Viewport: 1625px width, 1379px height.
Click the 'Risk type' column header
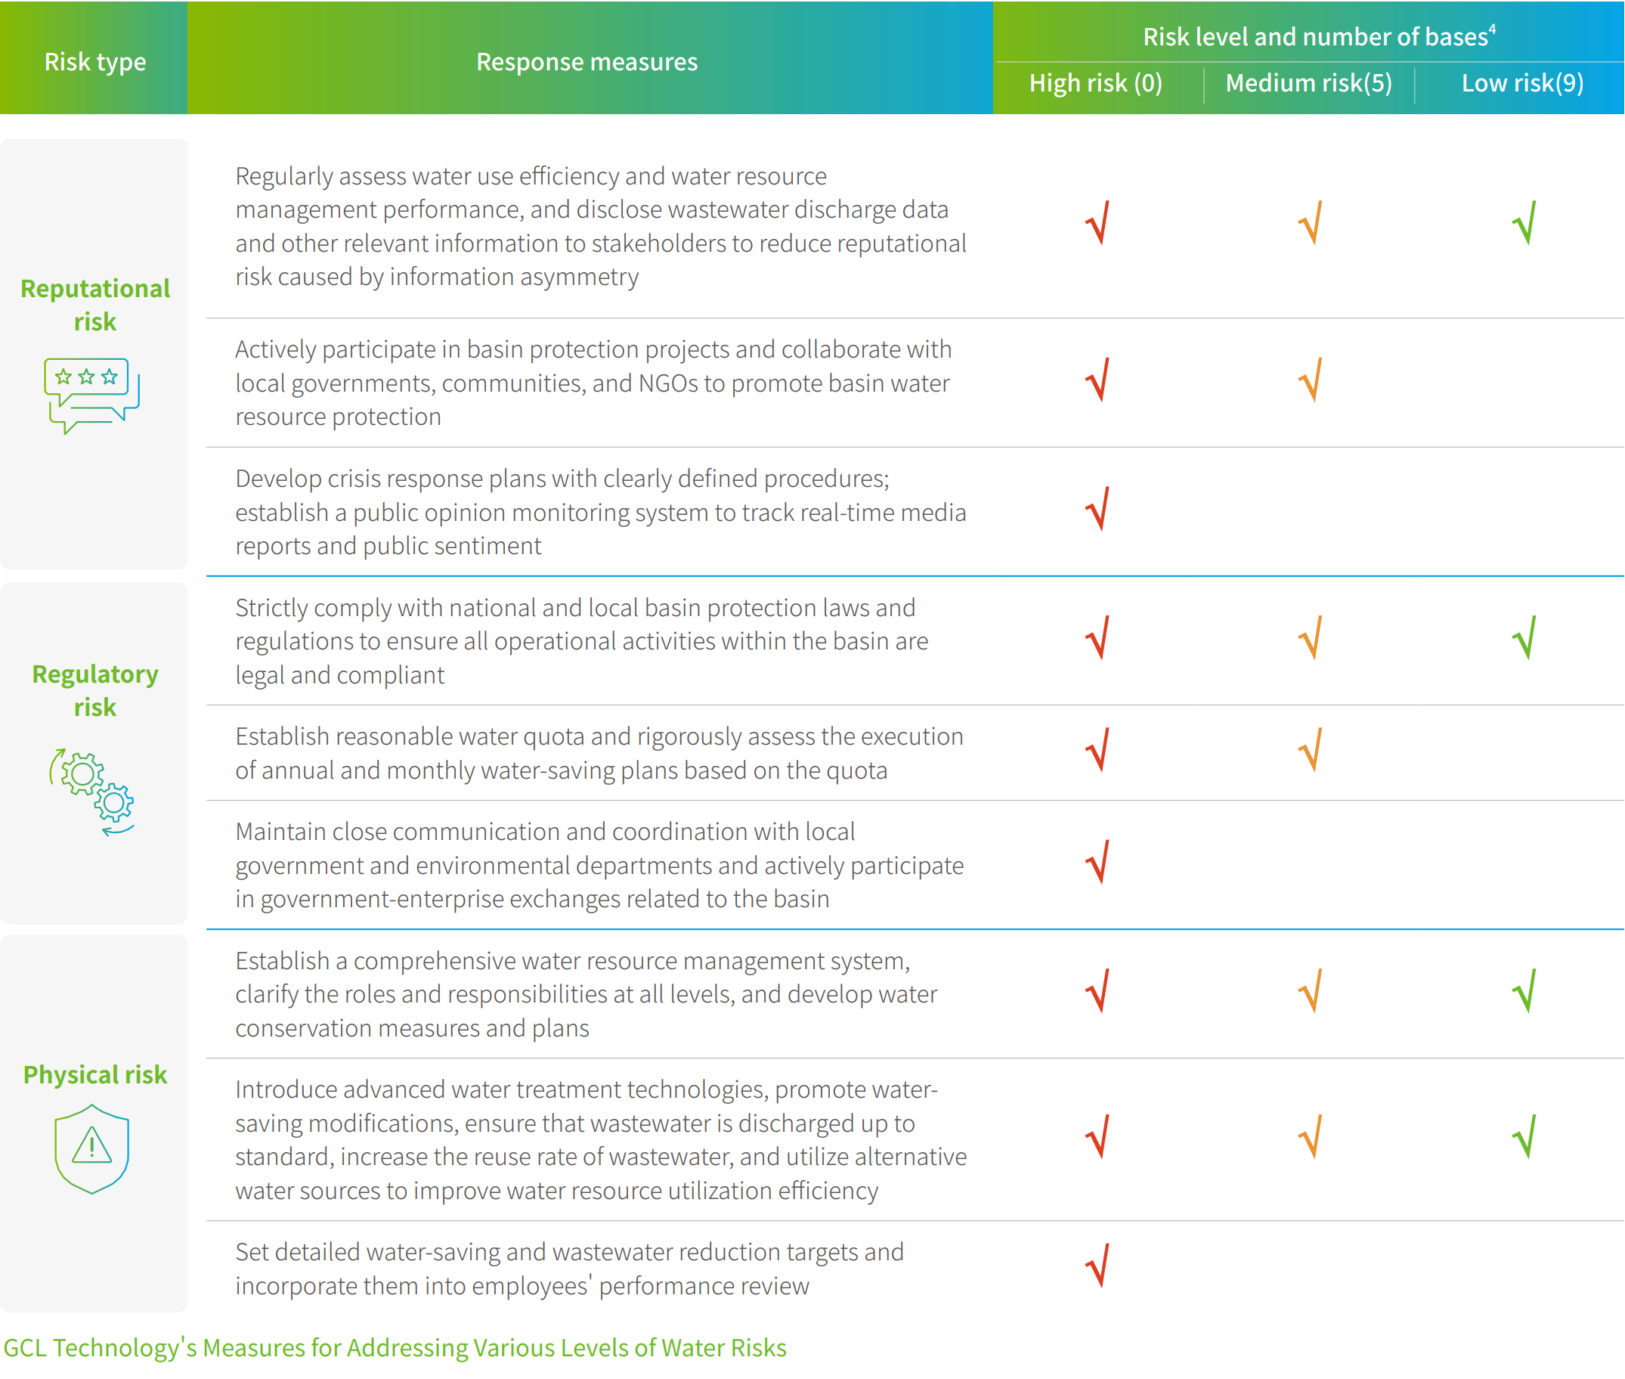click(x=94, y=62)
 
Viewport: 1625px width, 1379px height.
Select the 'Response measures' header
click(x=587, y=62)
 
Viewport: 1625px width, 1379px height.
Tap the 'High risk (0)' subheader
click(x=1095, y=83)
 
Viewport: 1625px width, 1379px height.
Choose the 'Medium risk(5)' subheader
click(x=1308, y=83)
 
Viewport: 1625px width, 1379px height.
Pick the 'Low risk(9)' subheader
click(x=1521, y=83)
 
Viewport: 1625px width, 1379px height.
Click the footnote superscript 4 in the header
click(x=1492, y=29)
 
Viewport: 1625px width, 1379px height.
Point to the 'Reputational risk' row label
click(x=94, y=305)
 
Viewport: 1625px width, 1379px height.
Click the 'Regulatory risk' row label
click(x=94, y=690)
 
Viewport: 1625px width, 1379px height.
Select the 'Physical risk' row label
click(x=94, y=1075)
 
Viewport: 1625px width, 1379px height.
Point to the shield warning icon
click(x=91, y=1148)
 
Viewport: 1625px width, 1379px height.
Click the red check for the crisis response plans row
click(x=1098, y=509)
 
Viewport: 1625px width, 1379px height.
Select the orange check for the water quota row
click(x=1311, y=750)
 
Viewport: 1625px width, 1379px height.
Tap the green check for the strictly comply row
click(x=1524, y=638)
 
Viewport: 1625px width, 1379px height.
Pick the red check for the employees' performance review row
click(x=1098, y=1266)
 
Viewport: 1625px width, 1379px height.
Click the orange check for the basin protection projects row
click(x=1311, y=380)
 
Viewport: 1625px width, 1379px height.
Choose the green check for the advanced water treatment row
click(x=1524, y=1136)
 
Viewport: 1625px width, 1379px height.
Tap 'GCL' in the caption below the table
click(x=25, y=1348)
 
